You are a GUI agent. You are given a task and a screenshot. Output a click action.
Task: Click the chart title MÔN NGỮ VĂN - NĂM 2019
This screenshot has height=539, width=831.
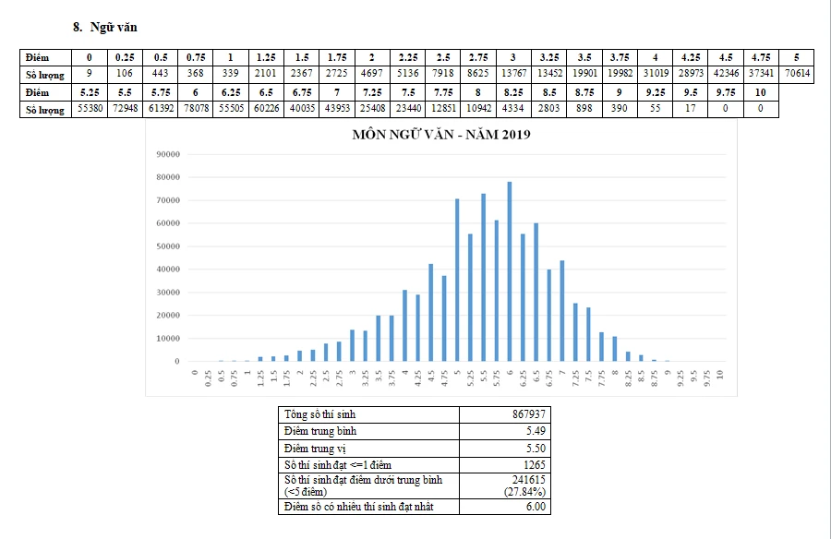coord(440,135)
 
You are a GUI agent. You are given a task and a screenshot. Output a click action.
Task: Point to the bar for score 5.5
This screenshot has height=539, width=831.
coord(483,278)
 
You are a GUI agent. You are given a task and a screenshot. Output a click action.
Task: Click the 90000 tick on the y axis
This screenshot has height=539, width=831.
coord(167,154)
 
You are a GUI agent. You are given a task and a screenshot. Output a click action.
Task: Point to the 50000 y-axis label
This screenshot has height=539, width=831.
coord(167,246)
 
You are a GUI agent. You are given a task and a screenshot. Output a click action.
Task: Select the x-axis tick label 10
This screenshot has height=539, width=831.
coord(719,377)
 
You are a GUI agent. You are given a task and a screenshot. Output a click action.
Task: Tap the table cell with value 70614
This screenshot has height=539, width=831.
coord(795,75)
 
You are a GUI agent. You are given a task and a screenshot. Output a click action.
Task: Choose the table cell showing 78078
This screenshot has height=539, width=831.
coord(196,110)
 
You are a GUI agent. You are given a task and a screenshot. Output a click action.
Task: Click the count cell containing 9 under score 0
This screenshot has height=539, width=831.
coord(89,75)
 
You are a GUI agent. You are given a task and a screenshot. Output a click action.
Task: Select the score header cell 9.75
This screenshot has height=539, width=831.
coord(724,92)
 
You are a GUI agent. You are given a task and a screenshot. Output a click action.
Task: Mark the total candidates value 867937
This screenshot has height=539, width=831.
coord(527,414)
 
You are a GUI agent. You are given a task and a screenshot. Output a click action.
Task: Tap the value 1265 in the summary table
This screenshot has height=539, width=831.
coord(533,464)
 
